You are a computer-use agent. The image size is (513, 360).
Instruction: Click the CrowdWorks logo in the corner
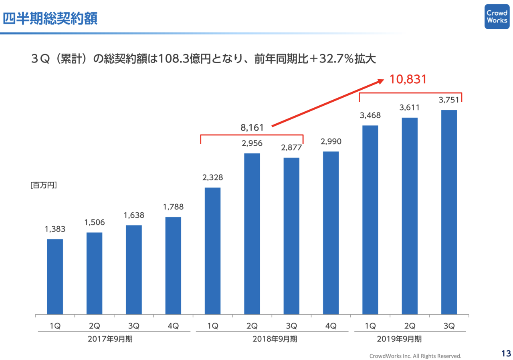[x=497, y=16]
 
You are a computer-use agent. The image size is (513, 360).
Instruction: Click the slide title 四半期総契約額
[x=50, y=18]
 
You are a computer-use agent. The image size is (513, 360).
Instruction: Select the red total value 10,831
[x=407, y=79]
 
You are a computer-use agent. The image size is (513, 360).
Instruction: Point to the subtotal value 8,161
[x=252, y=128]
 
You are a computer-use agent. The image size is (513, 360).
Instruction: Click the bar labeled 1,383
[x=55, y=276]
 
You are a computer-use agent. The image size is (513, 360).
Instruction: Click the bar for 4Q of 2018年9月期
[x=331, y=233]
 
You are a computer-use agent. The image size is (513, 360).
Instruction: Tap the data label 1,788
[x=173, y=207]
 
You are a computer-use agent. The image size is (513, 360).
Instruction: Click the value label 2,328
[x=212, y=177]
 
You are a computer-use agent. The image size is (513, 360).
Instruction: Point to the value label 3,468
[x=370, y=115]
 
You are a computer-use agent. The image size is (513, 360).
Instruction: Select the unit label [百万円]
[x=44, y=185]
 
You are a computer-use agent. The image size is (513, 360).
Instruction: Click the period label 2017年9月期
[x=111, y=339]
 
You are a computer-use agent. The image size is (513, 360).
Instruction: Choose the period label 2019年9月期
[x=399, y=339]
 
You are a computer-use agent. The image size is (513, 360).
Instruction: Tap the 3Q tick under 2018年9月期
[x=291, y=326]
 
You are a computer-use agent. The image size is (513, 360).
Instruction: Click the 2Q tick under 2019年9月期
[x=410, y=326]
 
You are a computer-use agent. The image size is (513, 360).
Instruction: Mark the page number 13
[x=506, y=353]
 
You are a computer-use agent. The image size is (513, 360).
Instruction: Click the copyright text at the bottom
[x=415, y=356]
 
